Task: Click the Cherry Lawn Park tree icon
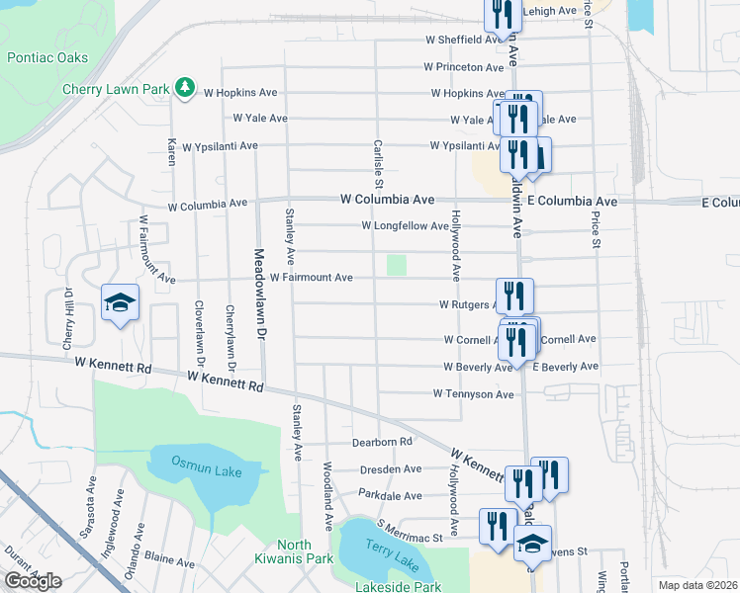tap(184, 89)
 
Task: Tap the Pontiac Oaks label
tap(46, 58)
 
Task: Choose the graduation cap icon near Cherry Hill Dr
tap(120, 302)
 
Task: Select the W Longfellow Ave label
tap(406, 226)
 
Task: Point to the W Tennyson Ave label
tap(474, 394)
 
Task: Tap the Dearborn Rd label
tap(381, 442)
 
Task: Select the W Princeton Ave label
tap(464, 67)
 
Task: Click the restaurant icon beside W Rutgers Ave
tap(514, 296)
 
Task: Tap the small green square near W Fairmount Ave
tap(397, 265)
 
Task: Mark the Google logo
tap(33, 581)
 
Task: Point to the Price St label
tap(596, 228)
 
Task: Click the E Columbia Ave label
tap(572, 202)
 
